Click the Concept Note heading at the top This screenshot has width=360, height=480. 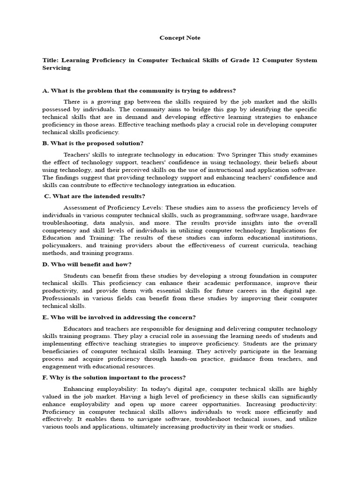180,37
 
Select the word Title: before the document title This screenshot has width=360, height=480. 50,60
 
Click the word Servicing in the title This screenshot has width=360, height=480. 56,68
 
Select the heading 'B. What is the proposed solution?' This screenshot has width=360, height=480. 93,143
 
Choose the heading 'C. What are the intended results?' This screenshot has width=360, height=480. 95,196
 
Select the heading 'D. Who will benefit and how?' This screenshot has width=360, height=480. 87,264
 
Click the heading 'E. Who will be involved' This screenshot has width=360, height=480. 119,317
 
